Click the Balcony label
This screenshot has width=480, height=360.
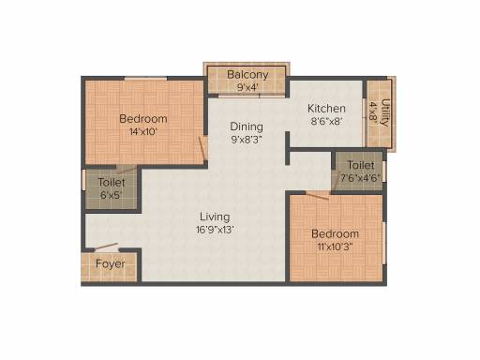tap(247, 75)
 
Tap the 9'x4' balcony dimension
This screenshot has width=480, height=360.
tap(247, 87)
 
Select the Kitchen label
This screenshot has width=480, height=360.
tap(326, 109)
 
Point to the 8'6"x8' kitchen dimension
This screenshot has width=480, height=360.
tap(327, 121)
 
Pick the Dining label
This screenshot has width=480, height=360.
tap(247, 127)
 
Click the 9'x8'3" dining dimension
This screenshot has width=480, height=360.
tap(247, 140)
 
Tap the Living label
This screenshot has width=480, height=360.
tap(215, 217)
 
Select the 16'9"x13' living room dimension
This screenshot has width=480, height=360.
tap(215, 230)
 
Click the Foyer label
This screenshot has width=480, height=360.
tap(111, 264)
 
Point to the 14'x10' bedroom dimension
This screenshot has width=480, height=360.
tap(143, 132)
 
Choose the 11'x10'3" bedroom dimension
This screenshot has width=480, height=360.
tap(335, 247)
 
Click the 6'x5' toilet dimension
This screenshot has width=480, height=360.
tap(111, 195)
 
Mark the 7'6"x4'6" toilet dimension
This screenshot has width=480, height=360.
tap(360, 178)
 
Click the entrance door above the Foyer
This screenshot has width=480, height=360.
tap(106, 247)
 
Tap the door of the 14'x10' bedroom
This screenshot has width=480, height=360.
tap(202, 147)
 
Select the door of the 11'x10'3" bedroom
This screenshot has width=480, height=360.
tap(317, 196)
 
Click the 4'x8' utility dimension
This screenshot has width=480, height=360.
tap(373, 111)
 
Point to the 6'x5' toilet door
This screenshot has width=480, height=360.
tap(127, 170)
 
